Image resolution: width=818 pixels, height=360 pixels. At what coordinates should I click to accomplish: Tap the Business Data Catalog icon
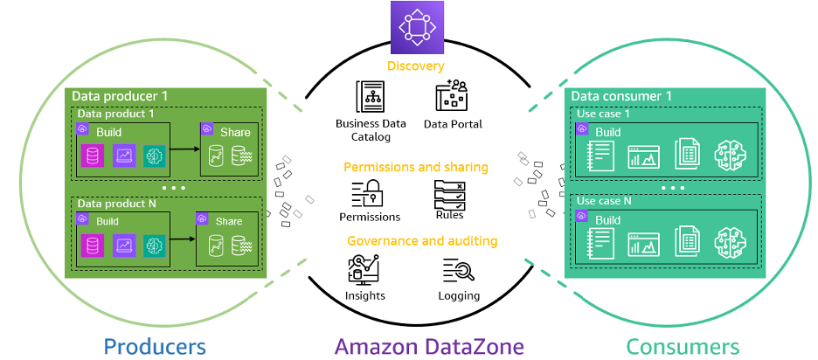pyautogui.click(x=370, y=100)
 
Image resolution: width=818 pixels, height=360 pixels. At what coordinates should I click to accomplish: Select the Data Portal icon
pyautogui.click(x=451, y=100)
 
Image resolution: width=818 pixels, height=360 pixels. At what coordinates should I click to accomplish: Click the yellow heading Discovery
pyautogui.click(x=416, y=66)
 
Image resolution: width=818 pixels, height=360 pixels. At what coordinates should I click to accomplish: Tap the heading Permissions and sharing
pyautogui.click(x=415, y=166)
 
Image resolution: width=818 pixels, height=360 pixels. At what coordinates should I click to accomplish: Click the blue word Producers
pyautogui.click(x=155, y=346)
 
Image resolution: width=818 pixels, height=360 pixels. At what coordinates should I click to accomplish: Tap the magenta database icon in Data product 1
pyautogui.click(x=93, y=156)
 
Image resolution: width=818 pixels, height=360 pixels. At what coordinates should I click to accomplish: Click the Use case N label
pyautogui.click(x=604, y=201)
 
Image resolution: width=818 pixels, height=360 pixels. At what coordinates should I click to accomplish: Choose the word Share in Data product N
pyautogui.click(x=229, y=221)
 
